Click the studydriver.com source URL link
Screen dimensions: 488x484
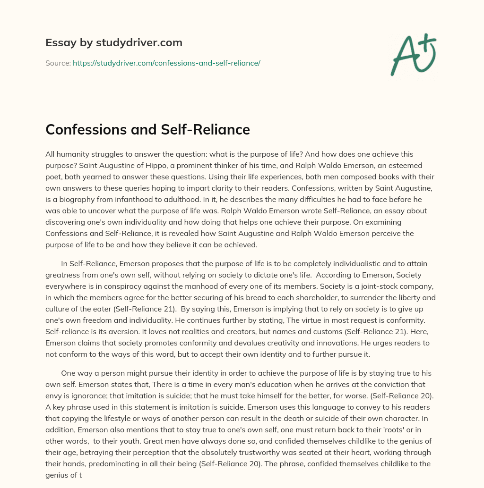[x=166, y=63]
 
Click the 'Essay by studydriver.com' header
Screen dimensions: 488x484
[x=114, y=42]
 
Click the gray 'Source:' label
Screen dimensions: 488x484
[x=58, y=63]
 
